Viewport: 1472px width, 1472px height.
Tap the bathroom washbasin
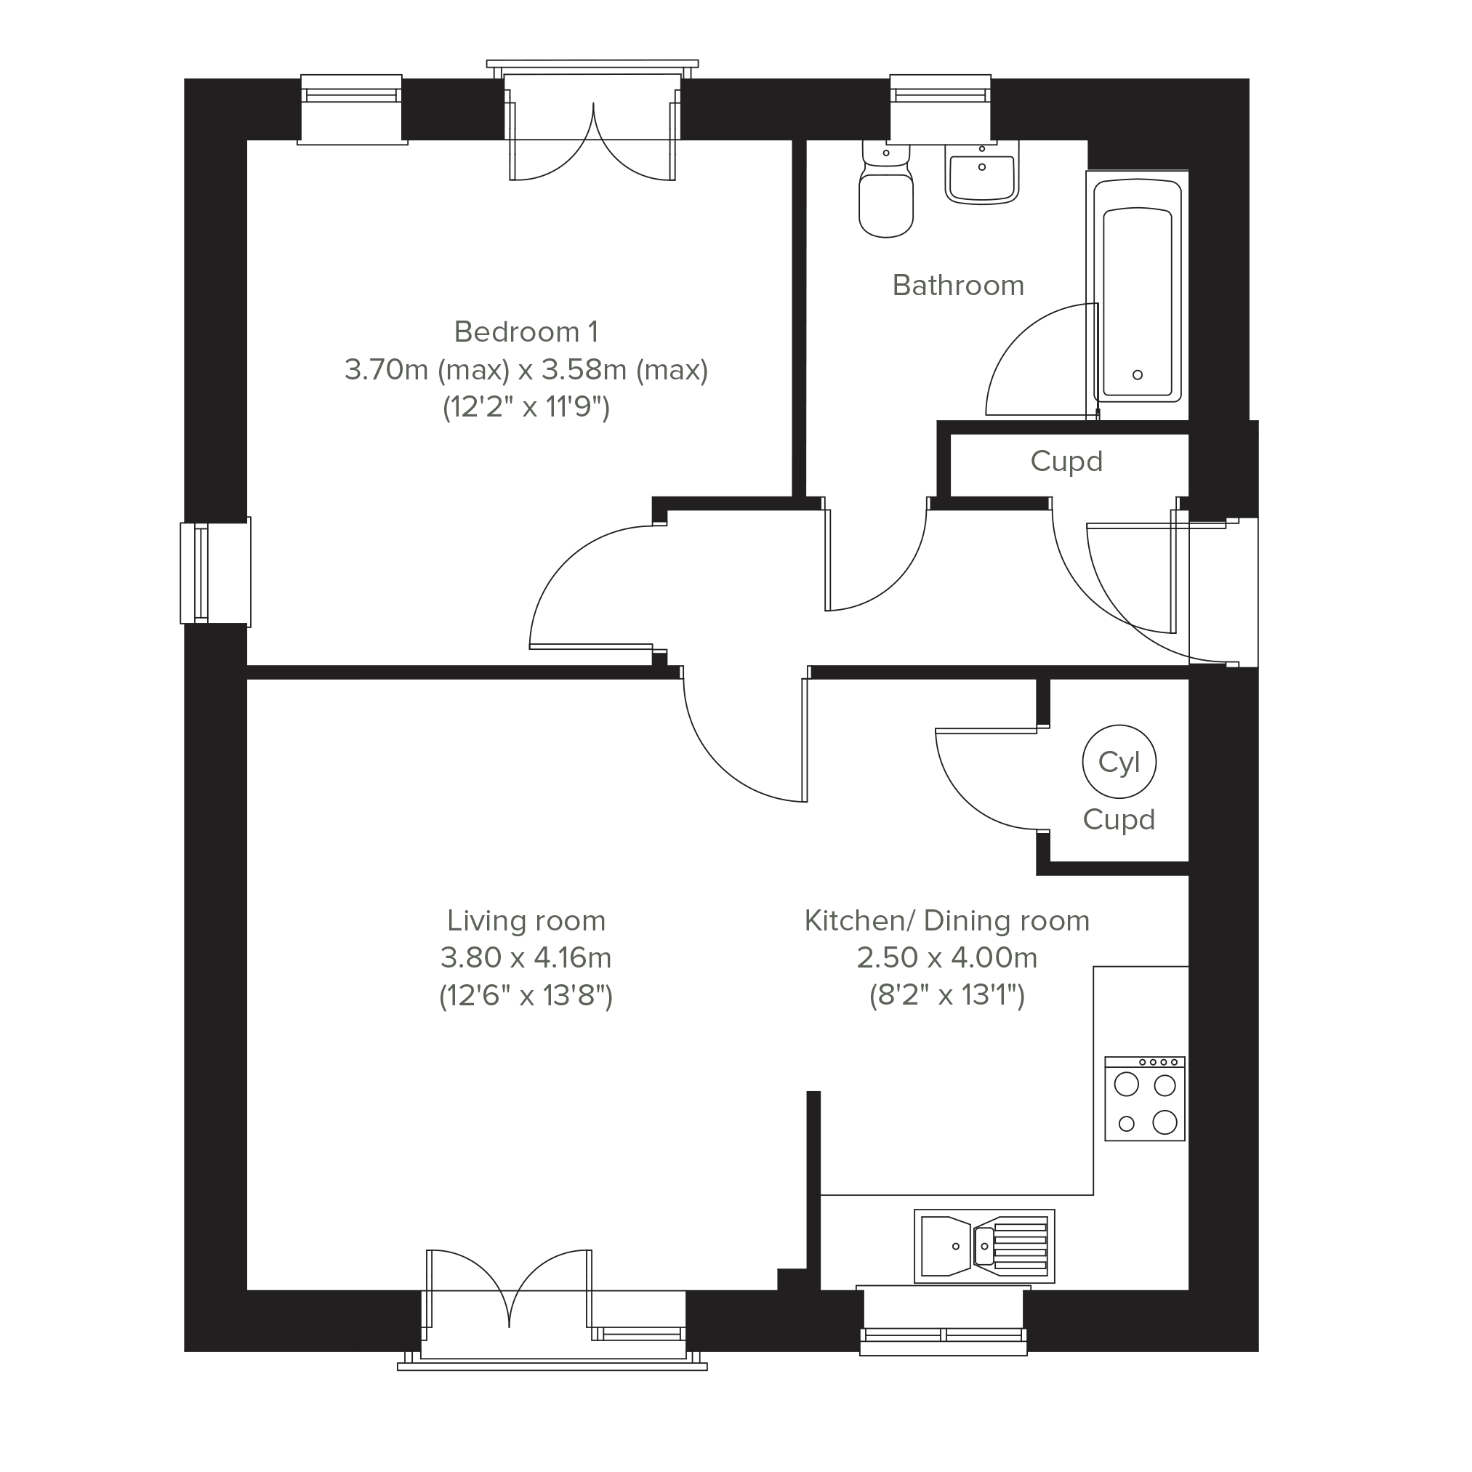(982, 173)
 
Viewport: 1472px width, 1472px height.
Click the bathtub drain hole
(1138, 375)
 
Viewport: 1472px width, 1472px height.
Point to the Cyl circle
(1119, 762)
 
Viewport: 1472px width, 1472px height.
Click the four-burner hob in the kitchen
(1144, 1098)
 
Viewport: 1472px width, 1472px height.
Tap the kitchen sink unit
(984, 1247)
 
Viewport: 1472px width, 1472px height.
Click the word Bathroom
(959, 286)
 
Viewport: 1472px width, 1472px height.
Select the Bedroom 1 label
(526, 332)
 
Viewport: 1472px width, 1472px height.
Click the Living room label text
(526, 921)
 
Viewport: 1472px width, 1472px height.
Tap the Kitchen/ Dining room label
(947, 921)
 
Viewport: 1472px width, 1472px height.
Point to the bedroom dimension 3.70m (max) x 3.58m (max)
(526, 370)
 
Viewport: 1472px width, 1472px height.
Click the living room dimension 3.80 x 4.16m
(526, 958)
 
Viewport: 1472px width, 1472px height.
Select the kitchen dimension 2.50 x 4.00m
(947, 958)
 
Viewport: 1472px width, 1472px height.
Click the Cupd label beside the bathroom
(1066, 462)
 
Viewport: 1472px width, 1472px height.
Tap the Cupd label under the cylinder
(1119, 820)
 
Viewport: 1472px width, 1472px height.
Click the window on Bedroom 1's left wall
(216, 572)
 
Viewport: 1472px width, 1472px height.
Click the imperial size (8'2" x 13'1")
(947, 996)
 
